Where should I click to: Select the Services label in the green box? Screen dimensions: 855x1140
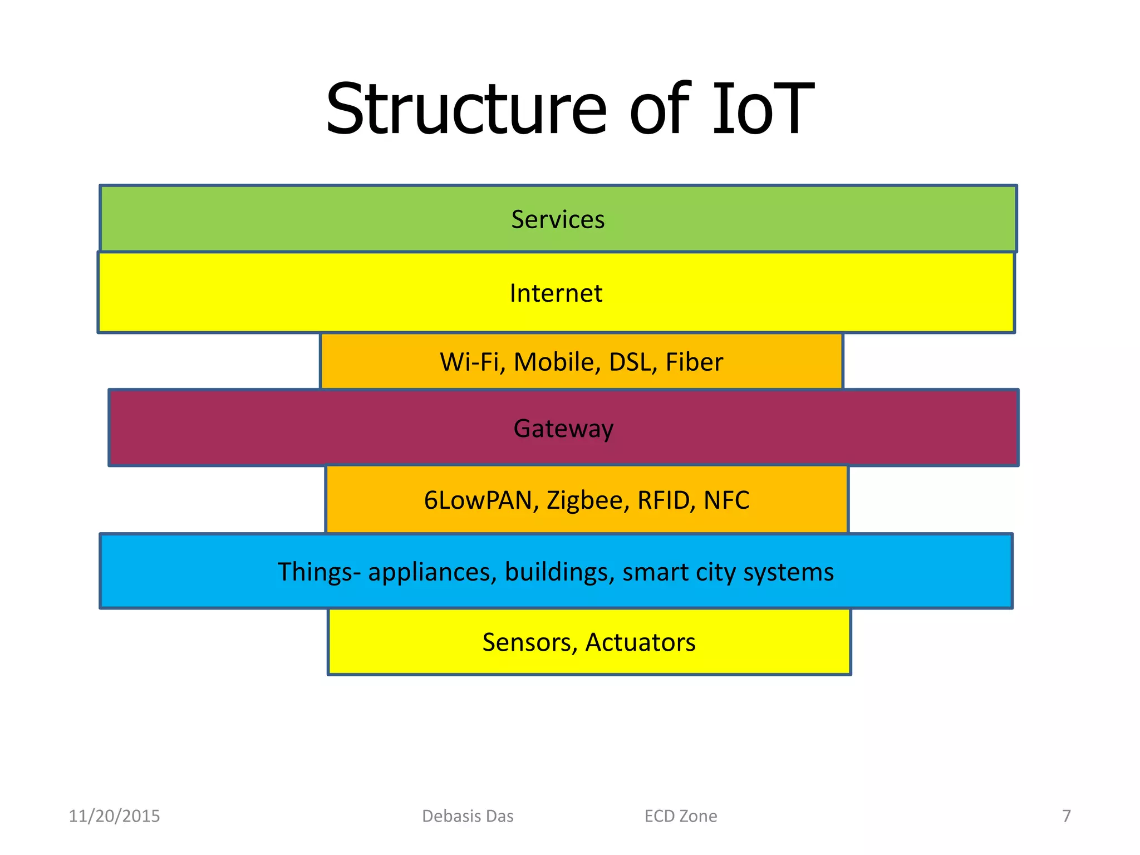tap(558, 219)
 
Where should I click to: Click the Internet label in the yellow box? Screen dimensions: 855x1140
tap(556, 293)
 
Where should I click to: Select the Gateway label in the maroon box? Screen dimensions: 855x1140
tap(563, 429)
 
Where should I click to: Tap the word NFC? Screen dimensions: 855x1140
tap(726, 500)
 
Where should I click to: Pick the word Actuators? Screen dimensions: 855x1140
tap(640, 642)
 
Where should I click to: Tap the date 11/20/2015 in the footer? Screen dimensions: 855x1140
tap(114, 816)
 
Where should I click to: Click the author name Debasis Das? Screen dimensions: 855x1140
tap(468, 816)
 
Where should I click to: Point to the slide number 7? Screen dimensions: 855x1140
tap(1066, 816)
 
